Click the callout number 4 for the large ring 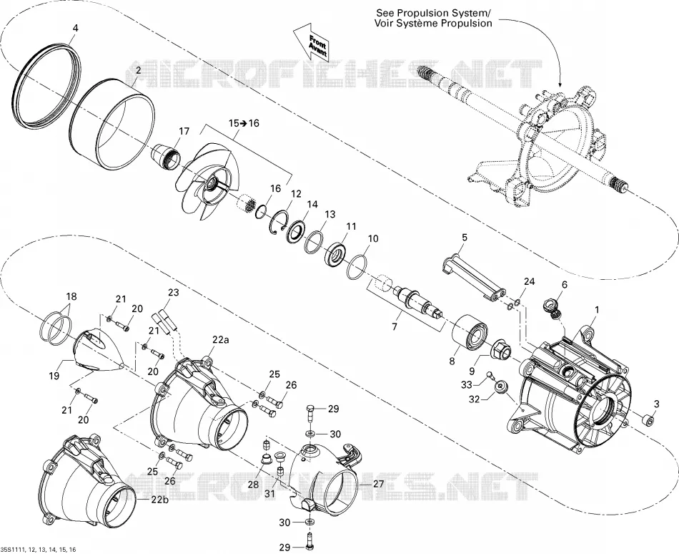[x=75, y=28]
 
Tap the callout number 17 [x=184, y=131]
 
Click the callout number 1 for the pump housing [x=597, y=311]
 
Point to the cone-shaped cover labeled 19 [x=99, y=351]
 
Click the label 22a [x=220, y=340]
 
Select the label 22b [x=159, y=500]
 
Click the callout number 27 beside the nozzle [x=379, y=484]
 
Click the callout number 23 [x=173, y=293]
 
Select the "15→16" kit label [x=244, y=123]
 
